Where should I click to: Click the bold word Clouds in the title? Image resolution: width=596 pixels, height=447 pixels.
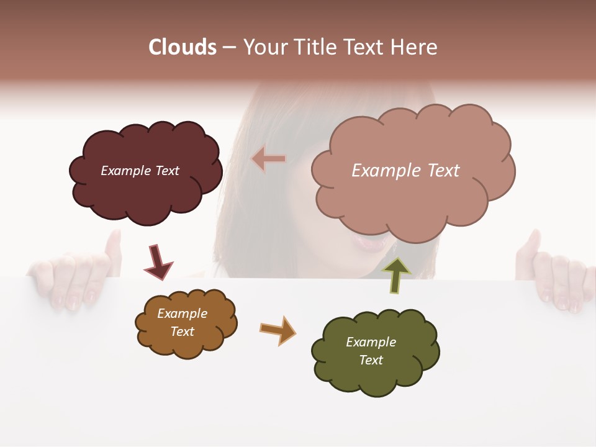pyautogui.click(x=183, y=47)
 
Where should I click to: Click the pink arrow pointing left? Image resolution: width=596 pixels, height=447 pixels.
pyautogui.click(x=269, y=160)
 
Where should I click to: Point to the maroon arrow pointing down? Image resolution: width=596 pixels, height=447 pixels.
pyautogui.click(x=158, y=261)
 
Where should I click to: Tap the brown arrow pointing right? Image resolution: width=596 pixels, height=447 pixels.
pyautogui.click(x=278, y=330)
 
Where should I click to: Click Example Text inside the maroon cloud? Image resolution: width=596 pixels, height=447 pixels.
pyautogui.click(x=140, y=171)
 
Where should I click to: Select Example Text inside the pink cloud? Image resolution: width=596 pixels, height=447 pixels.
pyautogui.click(x=405, y=171)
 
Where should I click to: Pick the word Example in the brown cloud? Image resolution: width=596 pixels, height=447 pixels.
pyautogui.click(x=182, y=314)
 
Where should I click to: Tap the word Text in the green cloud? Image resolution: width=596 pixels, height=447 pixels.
pyautogui.click(x=371, y=360)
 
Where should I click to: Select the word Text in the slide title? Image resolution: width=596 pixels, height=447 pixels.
pyautogui.click(x=366, y=47)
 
